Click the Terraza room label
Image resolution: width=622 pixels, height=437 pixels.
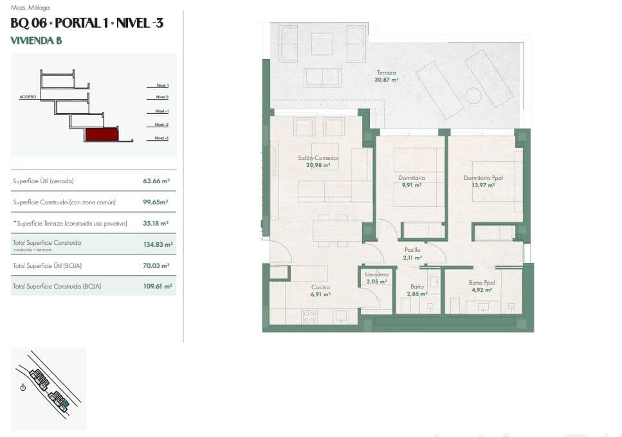click(387, 73)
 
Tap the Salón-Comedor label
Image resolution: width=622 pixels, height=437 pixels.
click(318, 158)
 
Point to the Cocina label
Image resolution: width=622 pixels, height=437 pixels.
click(320, 287)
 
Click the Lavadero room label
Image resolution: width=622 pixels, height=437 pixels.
click(377, 274)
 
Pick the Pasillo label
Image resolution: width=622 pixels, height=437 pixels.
click(412, 250)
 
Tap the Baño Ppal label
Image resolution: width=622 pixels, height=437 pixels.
click(480, 282)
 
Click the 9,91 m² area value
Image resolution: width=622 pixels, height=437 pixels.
click(412, 185)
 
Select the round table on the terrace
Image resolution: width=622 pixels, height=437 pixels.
click(473, 96)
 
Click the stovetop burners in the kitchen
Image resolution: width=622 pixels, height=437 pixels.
click(310, 316)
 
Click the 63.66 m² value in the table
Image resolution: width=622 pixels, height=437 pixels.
click(156, 181)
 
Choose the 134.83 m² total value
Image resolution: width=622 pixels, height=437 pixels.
click(158, 244)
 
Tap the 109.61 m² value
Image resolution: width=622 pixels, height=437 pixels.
click(156, 287)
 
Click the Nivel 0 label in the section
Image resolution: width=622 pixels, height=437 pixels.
click(161, 97)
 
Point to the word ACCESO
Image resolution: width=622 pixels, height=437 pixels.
click(28, 96)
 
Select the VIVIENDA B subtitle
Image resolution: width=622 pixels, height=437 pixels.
click(36, 40)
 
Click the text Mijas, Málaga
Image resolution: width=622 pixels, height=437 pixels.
click(30, 8)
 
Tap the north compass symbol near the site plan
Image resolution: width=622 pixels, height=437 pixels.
click(23, 387)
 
